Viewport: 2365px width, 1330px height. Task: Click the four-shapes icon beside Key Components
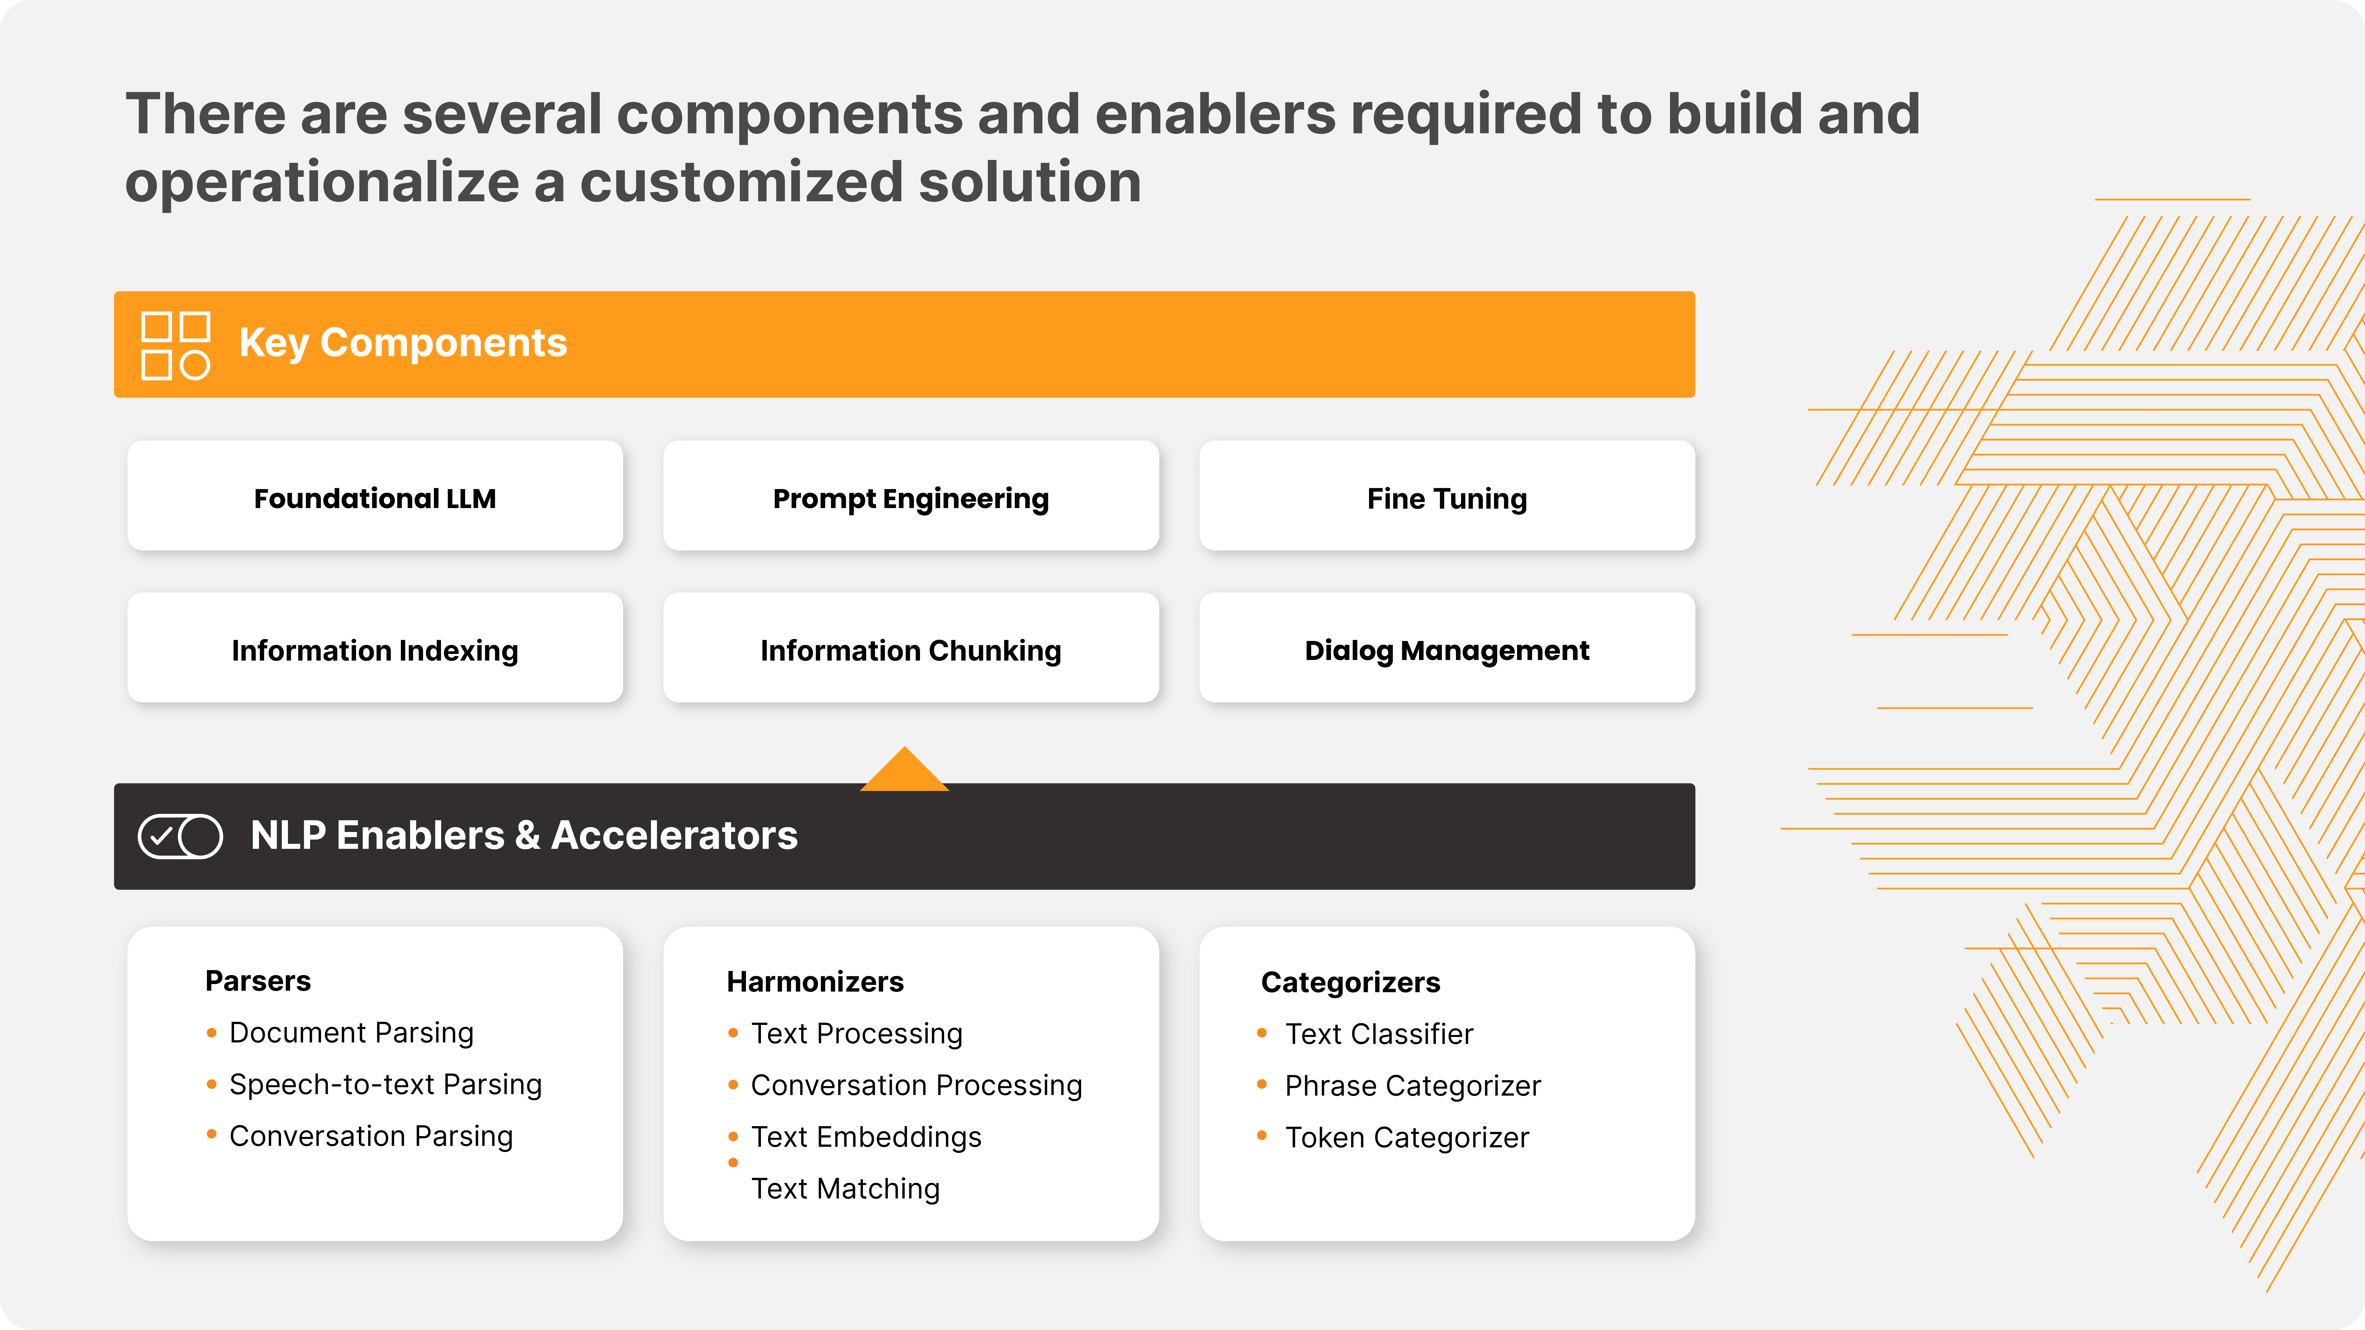point(175,346)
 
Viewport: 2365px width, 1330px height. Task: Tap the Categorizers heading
point(1350,982)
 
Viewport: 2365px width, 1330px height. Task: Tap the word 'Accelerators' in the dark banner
point(675,835)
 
